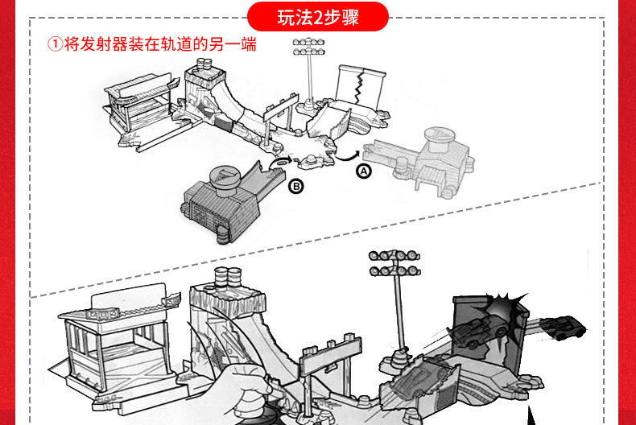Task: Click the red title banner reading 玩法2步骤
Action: [318, 16]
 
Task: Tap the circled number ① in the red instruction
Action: [55, 45]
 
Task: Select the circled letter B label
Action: [296, 187]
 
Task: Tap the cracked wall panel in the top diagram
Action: [360, 85]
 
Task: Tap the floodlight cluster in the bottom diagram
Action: [394, 262]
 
